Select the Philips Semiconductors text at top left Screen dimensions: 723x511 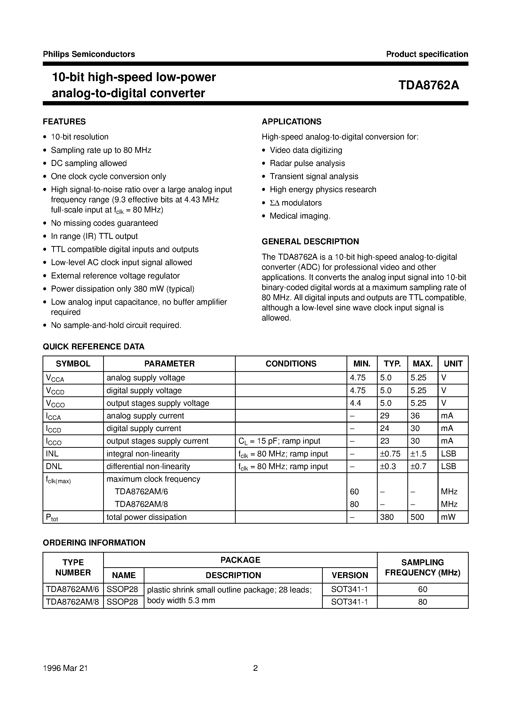point(89,54)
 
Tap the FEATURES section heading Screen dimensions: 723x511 point(64,122)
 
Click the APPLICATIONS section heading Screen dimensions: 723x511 point(291,122)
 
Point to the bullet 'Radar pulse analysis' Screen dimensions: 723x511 point(307,163)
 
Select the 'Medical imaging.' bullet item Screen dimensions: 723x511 point(300,216)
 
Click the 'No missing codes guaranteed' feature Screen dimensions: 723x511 point(104,223)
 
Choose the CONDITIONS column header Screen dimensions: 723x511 point(291,364)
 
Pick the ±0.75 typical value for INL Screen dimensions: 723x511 point(390,454)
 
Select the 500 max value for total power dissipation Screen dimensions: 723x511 point(418,517)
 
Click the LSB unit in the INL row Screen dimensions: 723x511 point(449,454)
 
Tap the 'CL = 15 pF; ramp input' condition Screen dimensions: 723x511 point(279,441)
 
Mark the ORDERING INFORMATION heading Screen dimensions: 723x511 point(94,542)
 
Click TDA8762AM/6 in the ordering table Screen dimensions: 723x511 point(72,589)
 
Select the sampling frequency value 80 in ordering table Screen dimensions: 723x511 point(422,602)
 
